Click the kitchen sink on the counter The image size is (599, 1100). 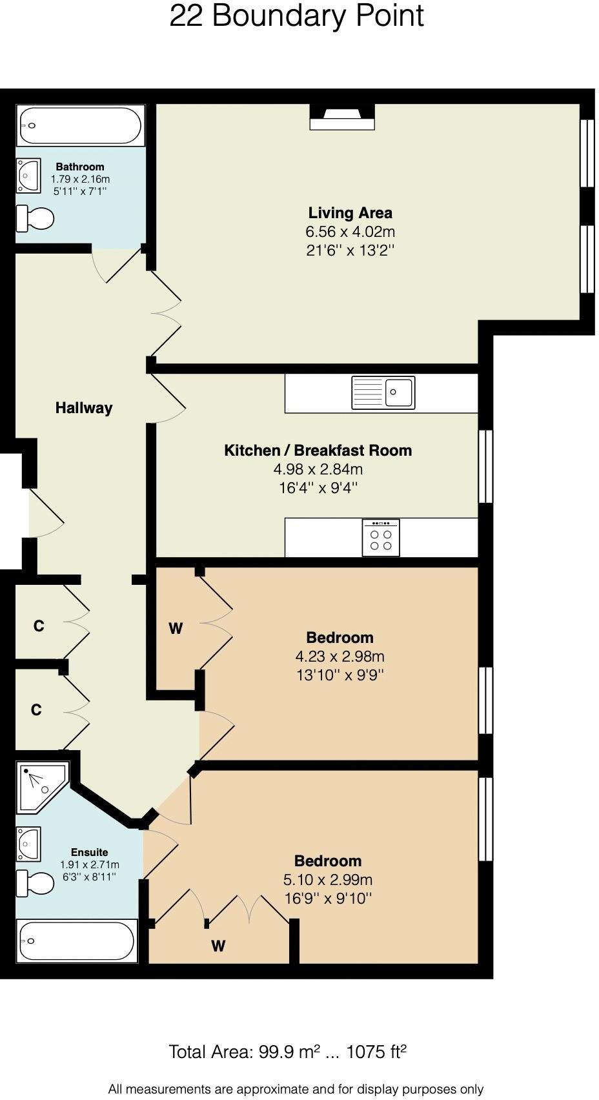tap(383, 392)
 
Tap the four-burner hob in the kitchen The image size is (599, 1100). tap(381, 538)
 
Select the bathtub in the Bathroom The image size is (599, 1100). tap(80, 126)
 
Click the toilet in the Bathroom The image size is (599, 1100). tap(35, 218)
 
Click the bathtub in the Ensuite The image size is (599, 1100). tap(77, 942)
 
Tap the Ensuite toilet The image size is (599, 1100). tap(35, 883)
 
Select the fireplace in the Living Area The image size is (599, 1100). tap(342, 117)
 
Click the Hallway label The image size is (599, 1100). tap(84, 408)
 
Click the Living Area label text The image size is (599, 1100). tap(350, 213)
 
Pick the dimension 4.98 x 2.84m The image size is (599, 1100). tap(318, 469)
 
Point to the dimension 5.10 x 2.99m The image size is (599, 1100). tap(327, 880)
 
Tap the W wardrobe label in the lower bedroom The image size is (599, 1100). tap(218, 946)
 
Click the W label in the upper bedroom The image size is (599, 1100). tap(176, 628)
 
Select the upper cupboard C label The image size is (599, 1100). tap(39, 626)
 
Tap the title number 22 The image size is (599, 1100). tap(187, 16)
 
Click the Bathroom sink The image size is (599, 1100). tap(28, 175)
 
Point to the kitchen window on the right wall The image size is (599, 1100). tap(485, 466)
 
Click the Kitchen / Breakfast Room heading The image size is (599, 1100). tap(318, 451)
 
